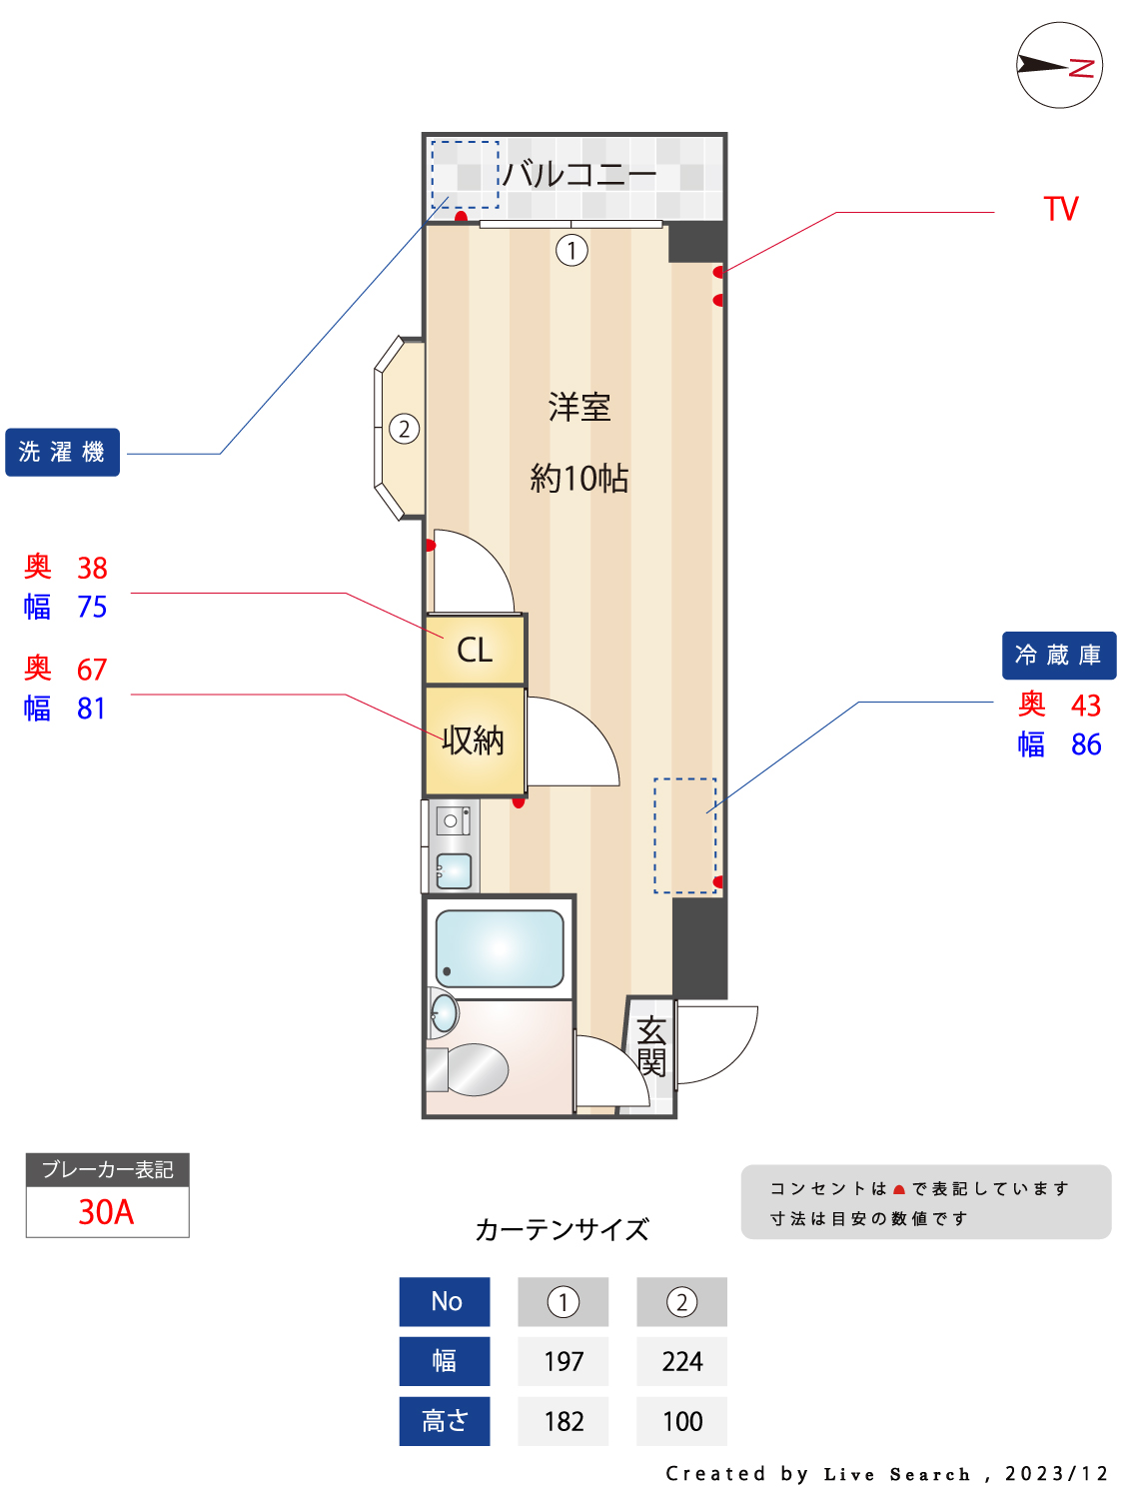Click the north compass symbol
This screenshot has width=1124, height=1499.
coord(1059,66)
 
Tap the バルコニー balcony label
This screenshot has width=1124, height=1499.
coord(578,175)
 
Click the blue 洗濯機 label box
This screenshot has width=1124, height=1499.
coord(62,453)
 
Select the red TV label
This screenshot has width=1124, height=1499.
coord(1061,209)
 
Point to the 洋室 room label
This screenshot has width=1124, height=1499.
coord(579,408)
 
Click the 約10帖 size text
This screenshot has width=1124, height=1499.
coord(579,479)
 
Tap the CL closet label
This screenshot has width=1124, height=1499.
coord(475,651)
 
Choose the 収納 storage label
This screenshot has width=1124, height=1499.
coord(474,741)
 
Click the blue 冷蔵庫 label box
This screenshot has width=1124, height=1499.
coord(1058,656)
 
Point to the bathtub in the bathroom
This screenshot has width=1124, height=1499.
coord(500,948)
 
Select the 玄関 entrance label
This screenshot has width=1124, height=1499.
coord(651,1046)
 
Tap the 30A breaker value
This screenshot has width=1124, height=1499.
coord(107,1212)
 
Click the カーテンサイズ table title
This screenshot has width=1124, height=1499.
coord(562,1229)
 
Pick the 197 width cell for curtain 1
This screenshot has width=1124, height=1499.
coord(563,1361)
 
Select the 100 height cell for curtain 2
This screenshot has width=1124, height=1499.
coord(682,1421)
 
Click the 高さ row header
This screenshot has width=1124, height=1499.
coord(445,1421)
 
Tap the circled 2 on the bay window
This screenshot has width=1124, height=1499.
coord(404,430)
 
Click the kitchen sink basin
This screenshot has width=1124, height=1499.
coord(455,870)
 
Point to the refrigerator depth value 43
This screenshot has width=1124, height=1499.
coord(1085,706)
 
